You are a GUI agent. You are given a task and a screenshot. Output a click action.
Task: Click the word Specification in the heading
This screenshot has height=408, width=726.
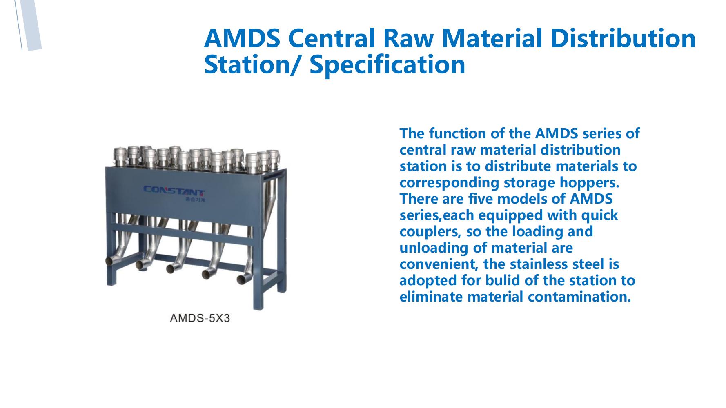387,64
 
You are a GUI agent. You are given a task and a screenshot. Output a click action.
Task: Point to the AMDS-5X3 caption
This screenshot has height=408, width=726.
200,318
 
